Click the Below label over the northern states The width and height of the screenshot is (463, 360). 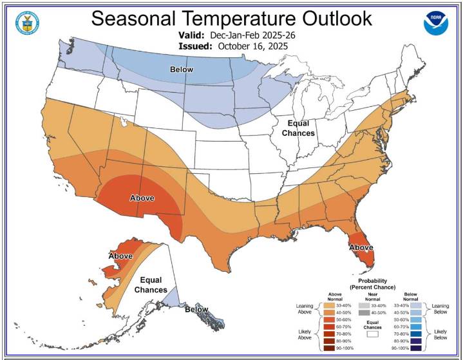pyautogui.click(x=182, y=69)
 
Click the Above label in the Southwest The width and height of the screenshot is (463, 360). pyautogui.click(x=142, y=198)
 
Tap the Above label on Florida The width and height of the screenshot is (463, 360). pyautogui.click(x=361, y=247)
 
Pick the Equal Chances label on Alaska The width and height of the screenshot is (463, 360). pyautogui.click(x=151, y=285)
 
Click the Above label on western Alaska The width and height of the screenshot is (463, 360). pyautogui.click(x=120, y=256)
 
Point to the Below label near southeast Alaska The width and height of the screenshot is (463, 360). pyautogui.click(x=196, y=310)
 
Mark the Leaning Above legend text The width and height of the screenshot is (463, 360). pyautogui.click(x=305, y=308)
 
